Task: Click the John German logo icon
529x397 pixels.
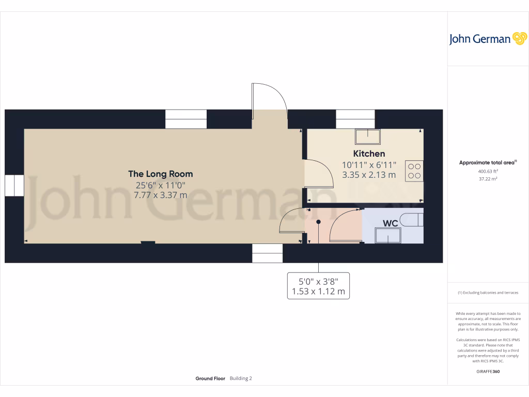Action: coord(519,38)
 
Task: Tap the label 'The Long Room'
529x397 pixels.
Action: coord(160,174)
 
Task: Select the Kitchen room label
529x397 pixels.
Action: coord(369,154)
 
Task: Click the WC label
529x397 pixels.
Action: coord(390,223)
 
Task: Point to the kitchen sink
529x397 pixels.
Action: coord(367,136)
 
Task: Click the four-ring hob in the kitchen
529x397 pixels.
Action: coord(414,171)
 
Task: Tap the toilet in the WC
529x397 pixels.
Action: coord(415,219)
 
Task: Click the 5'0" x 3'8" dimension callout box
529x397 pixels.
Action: coord(318,286)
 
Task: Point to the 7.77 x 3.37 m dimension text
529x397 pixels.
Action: coord(160,195)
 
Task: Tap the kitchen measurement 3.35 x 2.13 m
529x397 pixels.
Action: coord(369,175)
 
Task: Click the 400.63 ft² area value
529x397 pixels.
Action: coord(488,171)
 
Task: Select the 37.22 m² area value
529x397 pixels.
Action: coord(488,179)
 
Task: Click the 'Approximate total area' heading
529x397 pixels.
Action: coord(487,162)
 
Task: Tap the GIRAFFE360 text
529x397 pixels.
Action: coord(488,371)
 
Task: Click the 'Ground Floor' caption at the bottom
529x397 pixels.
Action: coord(210,378)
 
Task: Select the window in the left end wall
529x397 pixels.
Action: coord(14,186)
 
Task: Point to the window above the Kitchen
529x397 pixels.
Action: coord(355,119)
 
